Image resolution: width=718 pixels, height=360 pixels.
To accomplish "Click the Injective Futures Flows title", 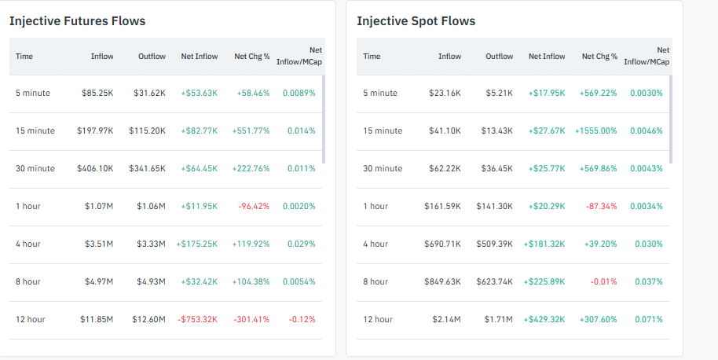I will tap(77, 21).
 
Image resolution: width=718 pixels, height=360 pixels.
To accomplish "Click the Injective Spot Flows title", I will tap(416, 21).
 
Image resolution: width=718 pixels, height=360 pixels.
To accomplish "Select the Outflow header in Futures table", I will tap(151, 57).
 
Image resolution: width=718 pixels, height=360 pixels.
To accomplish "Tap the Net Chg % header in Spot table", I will tap(599, 57).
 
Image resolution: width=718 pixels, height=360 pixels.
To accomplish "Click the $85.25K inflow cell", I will tap(97, 93).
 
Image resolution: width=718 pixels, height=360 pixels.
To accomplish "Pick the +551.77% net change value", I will tap(251, 130).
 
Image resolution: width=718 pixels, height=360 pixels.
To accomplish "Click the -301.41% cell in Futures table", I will tap(251, 319).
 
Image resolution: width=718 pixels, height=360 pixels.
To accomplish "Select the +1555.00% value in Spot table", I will tap(595, 130).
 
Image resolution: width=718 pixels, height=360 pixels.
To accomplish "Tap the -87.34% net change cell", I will tap(601, 206).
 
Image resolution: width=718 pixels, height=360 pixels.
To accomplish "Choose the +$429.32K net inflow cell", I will tap(544, 319).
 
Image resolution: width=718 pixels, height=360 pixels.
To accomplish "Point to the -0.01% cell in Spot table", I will tap(605, 281).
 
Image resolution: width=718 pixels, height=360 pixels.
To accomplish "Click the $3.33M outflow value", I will tap(150, 244).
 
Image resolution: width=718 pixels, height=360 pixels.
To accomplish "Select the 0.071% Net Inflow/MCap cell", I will tap(649, 319).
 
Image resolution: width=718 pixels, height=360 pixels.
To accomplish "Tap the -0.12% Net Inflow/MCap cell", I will tap(302, 319).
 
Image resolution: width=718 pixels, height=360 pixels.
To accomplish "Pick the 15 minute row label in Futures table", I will tap(35, 130).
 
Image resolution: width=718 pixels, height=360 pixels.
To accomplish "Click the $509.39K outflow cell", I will tap(494, 244).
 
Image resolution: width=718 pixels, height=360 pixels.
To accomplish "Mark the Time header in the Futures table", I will tap(24, 57).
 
